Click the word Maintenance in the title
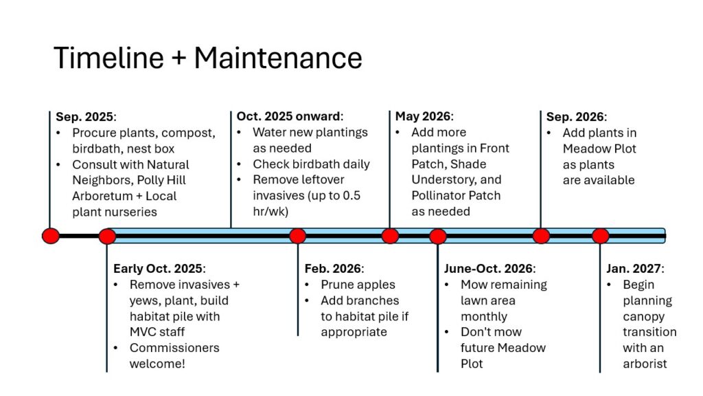278,58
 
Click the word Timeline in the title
109,58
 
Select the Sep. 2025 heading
86,117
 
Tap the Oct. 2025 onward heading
290,116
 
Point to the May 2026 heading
424,116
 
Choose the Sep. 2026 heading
576,117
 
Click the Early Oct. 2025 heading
159,269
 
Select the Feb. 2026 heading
334,269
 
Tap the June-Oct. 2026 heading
489,269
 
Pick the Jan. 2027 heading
635,269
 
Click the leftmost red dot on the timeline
51,236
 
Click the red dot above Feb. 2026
298,236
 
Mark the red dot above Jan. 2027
600,236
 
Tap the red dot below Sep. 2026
541,236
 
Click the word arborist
645,364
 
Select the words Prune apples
358,285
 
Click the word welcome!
157,364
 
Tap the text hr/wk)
270,212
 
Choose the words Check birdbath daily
311,164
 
